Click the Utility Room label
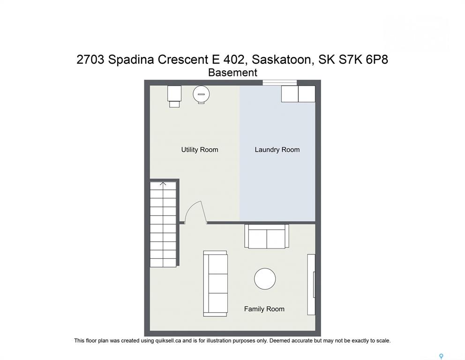tap(200, 150)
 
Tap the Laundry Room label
tap(277, 150)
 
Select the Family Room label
tap(264, 309)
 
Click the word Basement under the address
tap(233, 73)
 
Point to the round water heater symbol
tap(202, 95)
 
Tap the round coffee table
tap(265, 279)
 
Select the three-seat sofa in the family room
tap(215, 284)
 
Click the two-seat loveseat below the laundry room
tap(267, 236)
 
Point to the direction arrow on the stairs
tap(163, 184)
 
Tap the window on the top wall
tap(280, 82)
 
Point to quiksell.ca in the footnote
tap(168, 341)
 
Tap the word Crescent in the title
tap(183, 60)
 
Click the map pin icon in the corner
tap(441, 356)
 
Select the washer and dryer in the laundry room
tap(298, 94)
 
